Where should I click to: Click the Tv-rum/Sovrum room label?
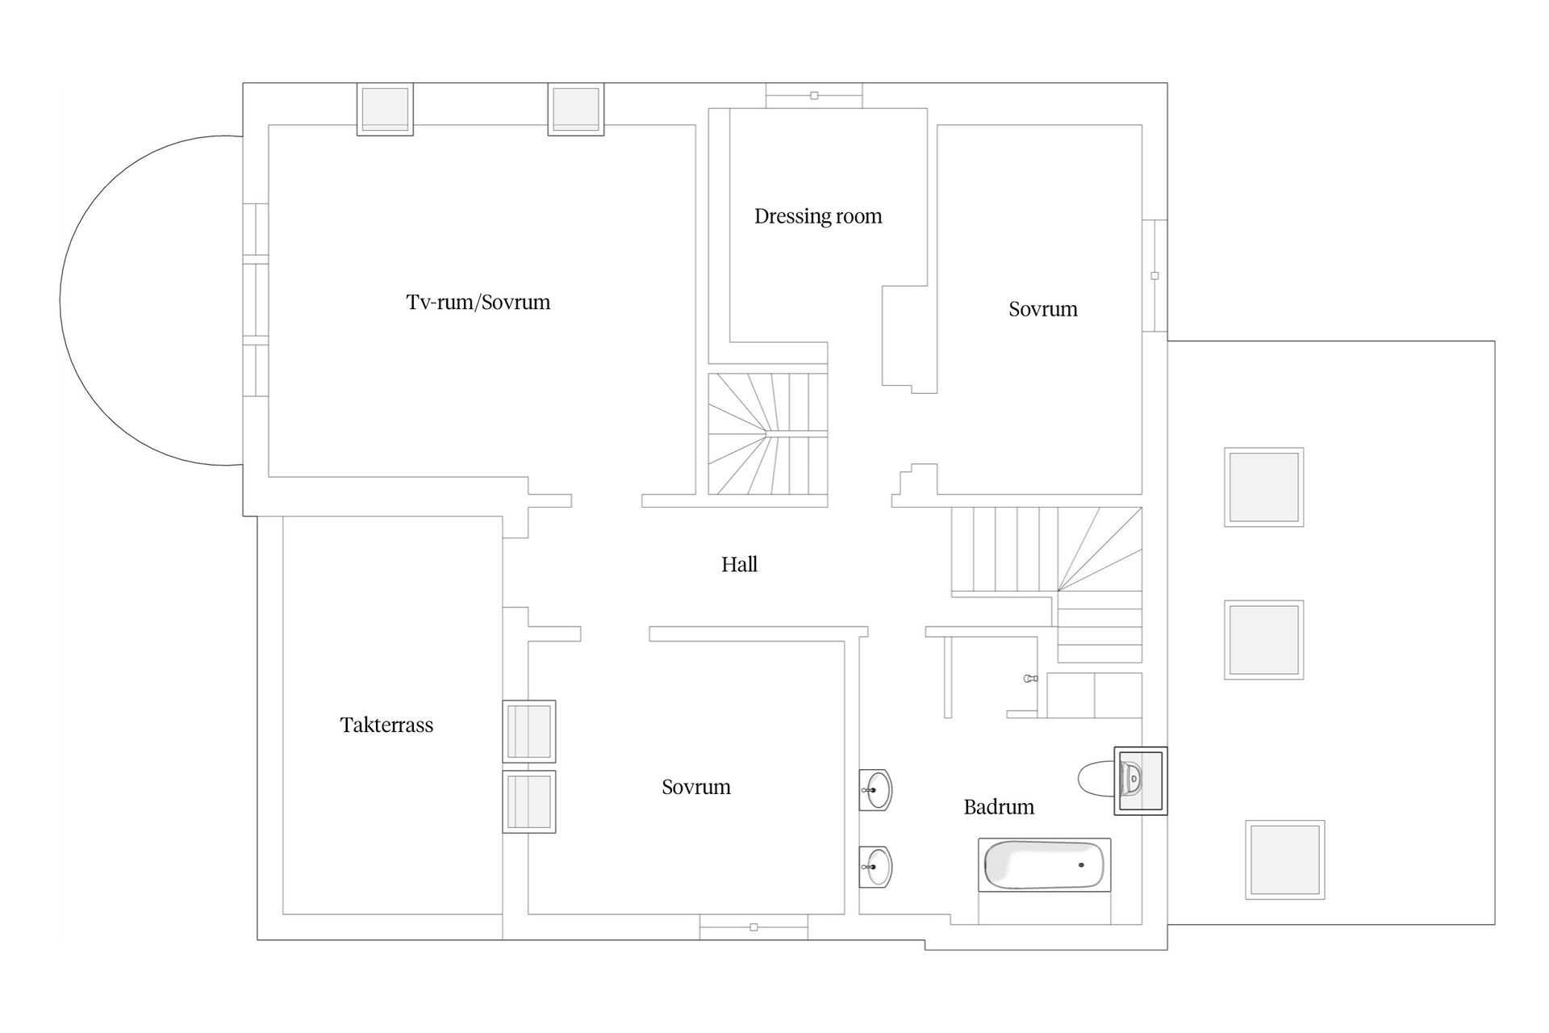[478, 303]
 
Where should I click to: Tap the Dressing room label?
[818, 216]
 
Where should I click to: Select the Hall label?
[739, 564]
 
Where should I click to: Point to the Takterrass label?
[386, 725]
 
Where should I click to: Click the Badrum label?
[999, 807]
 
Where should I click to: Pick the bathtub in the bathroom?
[1045, 865]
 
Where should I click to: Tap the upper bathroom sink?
[876, 789]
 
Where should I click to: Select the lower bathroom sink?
[876, 867]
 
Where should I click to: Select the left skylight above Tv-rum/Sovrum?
[385, 109]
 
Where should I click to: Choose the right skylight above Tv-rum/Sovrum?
[576, 109]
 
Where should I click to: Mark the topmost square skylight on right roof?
[1264, 487]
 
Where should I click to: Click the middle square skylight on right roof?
[1264, 640]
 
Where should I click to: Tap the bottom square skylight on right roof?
[1285, 859]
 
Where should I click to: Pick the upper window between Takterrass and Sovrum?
[529, 731]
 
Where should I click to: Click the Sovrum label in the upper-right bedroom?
[1043, 309]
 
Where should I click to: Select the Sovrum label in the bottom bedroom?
[696, 787]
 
